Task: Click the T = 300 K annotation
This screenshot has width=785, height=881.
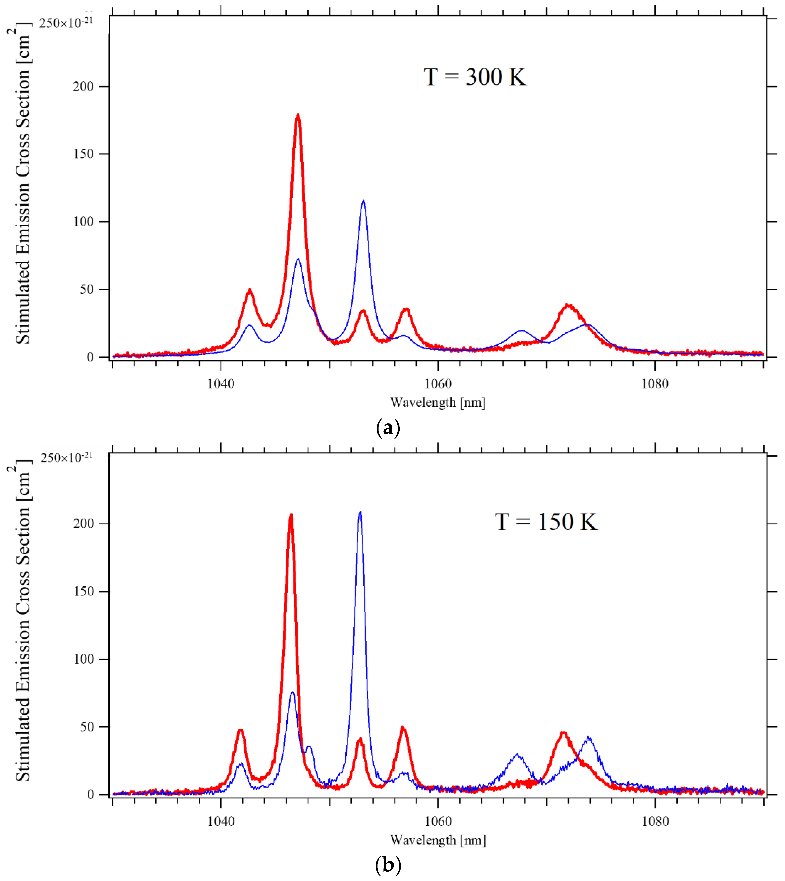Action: tap(474, 77)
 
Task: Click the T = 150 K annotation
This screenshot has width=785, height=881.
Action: tap(546, 522)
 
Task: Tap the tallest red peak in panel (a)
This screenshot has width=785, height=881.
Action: tap(298, 116)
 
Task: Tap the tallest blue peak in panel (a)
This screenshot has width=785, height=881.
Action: tap(363, 201)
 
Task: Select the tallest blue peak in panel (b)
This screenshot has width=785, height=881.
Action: tap(360, 513)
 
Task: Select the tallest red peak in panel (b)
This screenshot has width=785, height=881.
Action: tap(291, 515)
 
